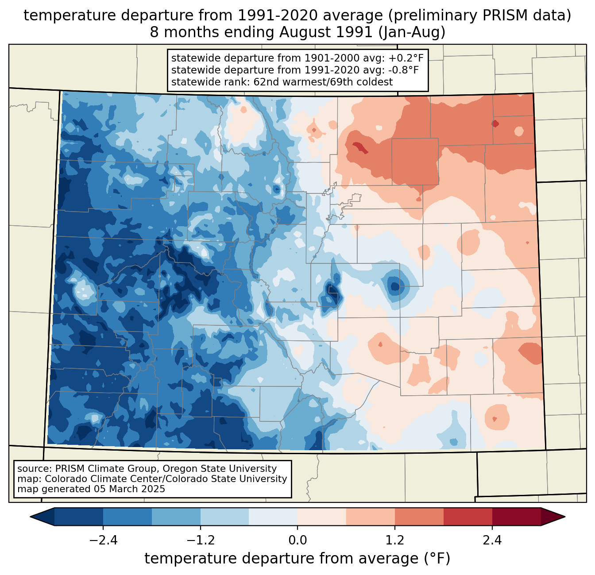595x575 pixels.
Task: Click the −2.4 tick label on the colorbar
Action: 103,540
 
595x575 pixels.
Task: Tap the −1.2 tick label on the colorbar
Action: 200,540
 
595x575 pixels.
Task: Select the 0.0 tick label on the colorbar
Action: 297,540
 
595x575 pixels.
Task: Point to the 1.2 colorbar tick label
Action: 395,540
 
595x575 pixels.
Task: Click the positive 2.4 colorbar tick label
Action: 492,540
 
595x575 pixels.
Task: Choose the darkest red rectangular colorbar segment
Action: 516,517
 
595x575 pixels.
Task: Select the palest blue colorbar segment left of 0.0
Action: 273,517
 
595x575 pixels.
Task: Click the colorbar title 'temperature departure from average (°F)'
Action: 297,559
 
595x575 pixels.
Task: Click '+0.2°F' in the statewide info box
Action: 406,58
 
